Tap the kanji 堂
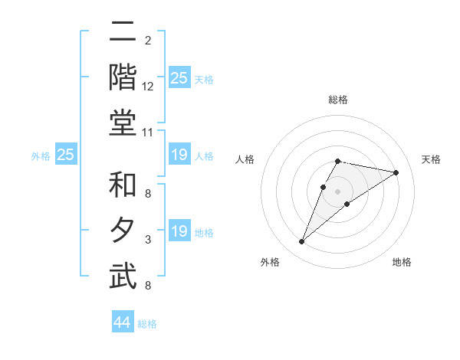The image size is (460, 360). (123, 123)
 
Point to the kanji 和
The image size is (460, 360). (123, 186)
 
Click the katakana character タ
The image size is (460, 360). (123, 231)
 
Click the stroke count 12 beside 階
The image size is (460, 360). (148, 87)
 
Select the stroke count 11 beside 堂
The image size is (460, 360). (148, 133)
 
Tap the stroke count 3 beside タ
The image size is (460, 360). (148, 241)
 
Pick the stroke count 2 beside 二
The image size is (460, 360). (148, 41)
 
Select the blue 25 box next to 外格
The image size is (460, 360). (65, 155)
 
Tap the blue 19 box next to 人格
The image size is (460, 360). (179, 155)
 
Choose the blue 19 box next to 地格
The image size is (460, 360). (179, 231)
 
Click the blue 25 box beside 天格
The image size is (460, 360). (179, 77)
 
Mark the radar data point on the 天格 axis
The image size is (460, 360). (396, 172)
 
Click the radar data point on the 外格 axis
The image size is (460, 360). (301, 242)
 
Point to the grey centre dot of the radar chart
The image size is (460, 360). (337, 191)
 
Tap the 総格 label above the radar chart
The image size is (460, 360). (337, 100)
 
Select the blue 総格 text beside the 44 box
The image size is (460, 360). (147, 324)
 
